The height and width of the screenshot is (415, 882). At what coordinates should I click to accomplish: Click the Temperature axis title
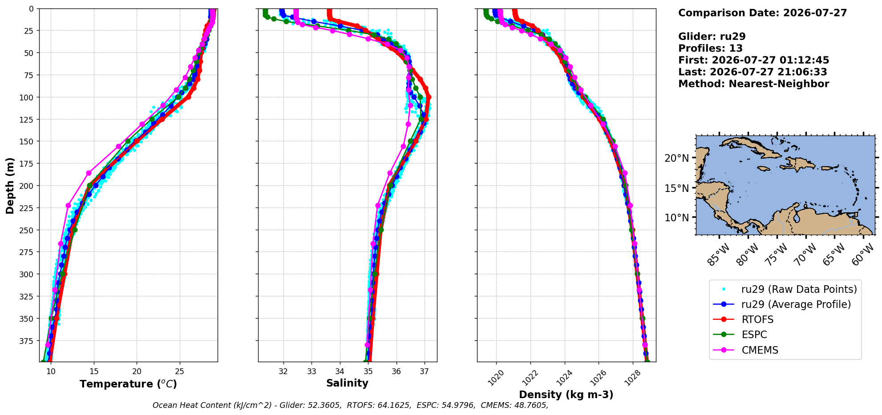[128, 384]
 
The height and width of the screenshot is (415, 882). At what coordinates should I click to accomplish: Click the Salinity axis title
[347, 383]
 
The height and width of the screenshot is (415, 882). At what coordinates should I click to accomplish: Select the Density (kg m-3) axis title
[566, 395]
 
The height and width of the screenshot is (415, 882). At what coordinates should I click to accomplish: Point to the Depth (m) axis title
[10, 186]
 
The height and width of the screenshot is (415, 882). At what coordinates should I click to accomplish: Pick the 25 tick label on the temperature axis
[179, 371]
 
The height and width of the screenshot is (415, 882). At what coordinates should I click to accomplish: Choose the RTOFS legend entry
[757, 319]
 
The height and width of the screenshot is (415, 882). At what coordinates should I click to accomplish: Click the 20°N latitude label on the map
[676, 158]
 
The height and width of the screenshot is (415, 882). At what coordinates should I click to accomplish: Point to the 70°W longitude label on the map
[805, 255]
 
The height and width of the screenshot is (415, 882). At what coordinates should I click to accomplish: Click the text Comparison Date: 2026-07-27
[762, 13]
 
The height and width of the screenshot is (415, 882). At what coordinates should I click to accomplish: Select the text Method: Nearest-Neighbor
[753, 84]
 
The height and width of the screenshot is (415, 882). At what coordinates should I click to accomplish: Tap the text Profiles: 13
[710, 48]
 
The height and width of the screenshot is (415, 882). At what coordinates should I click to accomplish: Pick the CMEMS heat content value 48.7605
[532, 405]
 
